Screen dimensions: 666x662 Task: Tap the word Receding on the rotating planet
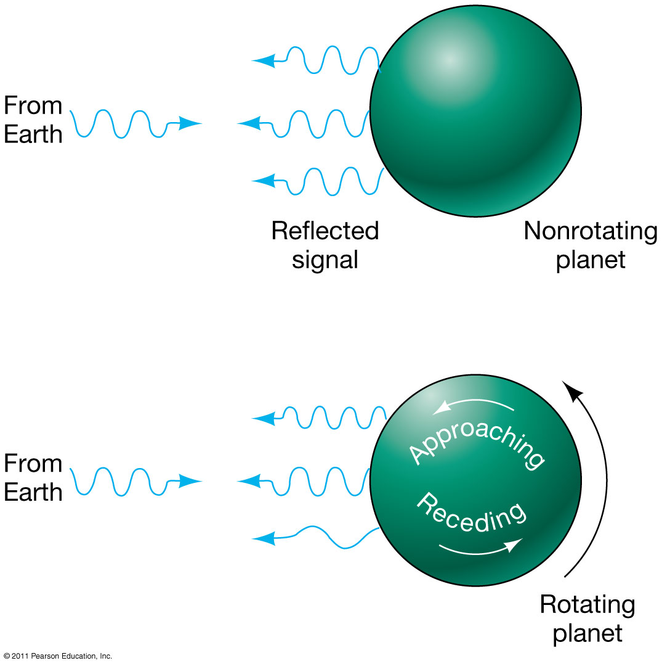tap(471, 512)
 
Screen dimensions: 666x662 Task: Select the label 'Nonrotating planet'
tap(590, 245)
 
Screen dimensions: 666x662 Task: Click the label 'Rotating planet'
tap(587, 619)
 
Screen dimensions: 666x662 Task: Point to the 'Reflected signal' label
tap(325, 245)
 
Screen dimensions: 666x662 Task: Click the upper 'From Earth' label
tap(33, 120)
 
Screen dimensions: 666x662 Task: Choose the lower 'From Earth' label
tap(33, 478)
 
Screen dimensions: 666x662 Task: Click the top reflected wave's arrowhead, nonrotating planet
tap(264, 60)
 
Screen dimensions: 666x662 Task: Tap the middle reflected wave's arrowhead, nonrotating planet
tap(249, 124)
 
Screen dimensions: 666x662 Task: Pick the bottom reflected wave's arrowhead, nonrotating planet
tap(264, 181)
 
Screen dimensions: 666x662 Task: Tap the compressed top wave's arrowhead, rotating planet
tap(264, 419)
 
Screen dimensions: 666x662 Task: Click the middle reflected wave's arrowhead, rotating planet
tap(249, 480)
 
